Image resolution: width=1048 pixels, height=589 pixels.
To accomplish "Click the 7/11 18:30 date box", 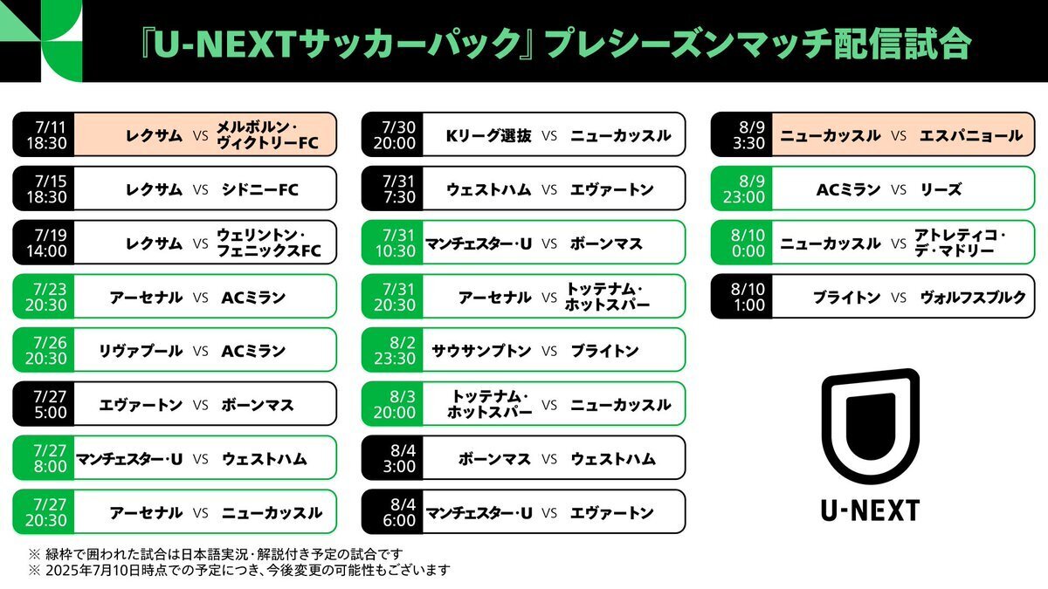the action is pyautogui.click(x=44, y=134).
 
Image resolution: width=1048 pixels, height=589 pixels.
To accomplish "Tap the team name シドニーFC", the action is pyautogui.click(x=259, y=189).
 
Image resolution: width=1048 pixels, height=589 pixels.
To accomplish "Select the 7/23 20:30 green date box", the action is pyautogui.click(x=44, y=297).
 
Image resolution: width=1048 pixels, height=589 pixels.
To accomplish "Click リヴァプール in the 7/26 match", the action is pyautogui.click(x=141, y=351).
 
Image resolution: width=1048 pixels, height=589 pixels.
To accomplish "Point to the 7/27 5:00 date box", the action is pyautogui.click(x=44, y=404).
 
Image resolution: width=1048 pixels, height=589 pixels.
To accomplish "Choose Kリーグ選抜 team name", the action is pyautogui.click(x=488, y=135).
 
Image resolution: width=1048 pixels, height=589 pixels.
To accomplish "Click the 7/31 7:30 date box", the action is pyautogui.click(x=392, y=188).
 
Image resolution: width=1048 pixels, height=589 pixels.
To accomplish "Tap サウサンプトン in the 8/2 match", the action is pyautogui.click(x=481, y=351).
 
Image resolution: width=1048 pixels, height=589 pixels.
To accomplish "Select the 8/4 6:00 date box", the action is pyautogui.click(x=392, y=512).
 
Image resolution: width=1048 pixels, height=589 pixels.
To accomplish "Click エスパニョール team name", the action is pyautogui.click(x=971, y=135).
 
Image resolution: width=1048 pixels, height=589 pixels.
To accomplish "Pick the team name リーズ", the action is pyautogui.click(x=941, y=189).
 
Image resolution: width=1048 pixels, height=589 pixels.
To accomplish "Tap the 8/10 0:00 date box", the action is pyautogui.click(x=741, y=243).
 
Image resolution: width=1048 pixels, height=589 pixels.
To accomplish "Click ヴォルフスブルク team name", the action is pyautogui.click(x=973, y=298).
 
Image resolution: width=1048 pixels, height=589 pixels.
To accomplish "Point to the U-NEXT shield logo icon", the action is pyautogui.click(x=871, y=427).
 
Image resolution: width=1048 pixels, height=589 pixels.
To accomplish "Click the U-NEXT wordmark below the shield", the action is pyautogui.click(x=871, y=510).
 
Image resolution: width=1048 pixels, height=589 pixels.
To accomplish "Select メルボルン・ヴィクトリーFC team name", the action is pyautogui.click(x=267, y=135).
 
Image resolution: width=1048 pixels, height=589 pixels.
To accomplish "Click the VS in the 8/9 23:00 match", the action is pyautogui.click(x=899, y=190).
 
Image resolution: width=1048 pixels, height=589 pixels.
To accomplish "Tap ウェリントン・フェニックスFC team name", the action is pyautogui.click(x=269, y=243).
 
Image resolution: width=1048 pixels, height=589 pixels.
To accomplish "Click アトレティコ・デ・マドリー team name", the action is pyautogui.click(x=960, y=243).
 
